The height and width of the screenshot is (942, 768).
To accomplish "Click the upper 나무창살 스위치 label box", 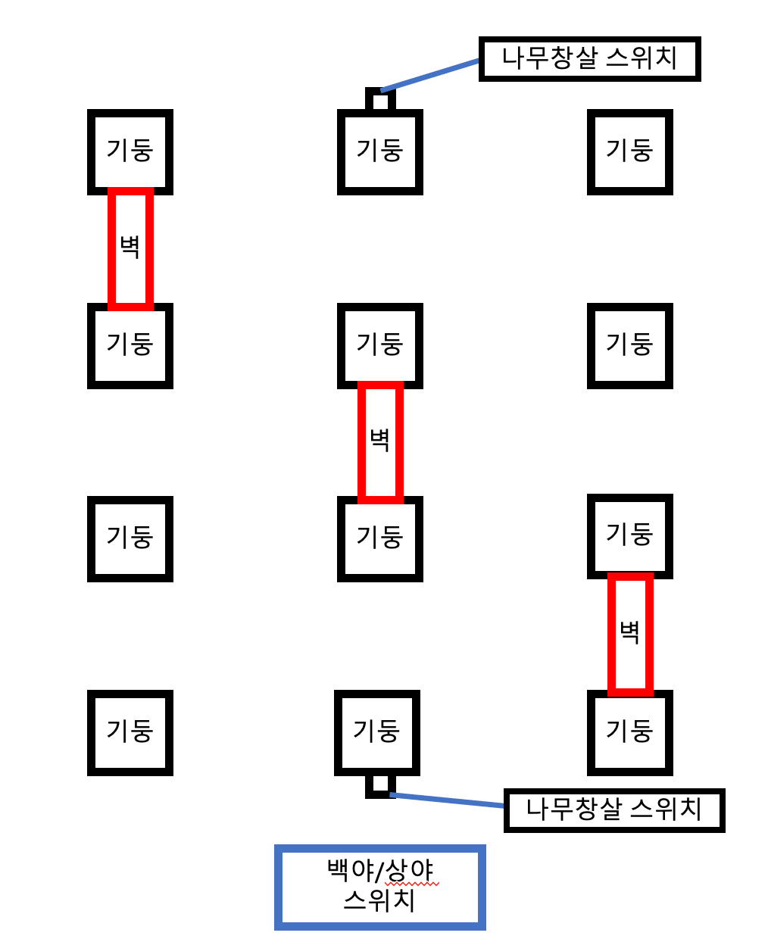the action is (x=589, y=59).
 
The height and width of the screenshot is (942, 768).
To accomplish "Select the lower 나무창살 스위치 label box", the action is (x=613, y=810).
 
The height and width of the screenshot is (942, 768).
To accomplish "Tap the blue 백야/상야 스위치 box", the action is (x=379, y=887).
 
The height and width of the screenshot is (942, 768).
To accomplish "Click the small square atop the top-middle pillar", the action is (x=380, y=100).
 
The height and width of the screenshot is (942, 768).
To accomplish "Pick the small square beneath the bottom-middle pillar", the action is (x=380, y=785).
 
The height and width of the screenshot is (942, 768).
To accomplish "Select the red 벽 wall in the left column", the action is (x=130, y=248).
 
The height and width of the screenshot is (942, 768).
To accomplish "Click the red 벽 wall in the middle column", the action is (x=380, y=442).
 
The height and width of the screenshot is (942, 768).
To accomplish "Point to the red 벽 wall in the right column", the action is (x=630, y=633).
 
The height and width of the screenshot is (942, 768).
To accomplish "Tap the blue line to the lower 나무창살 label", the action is (x=447, y=800).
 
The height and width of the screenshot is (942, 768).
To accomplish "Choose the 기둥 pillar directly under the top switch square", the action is (x=380, y=151).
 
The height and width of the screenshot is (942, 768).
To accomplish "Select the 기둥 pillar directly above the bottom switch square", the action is (x=377, y=732).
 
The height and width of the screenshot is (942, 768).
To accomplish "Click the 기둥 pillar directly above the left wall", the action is (x=130, y=151).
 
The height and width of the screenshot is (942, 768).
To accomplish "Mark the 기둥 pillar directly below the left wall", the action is (x=130, y=345).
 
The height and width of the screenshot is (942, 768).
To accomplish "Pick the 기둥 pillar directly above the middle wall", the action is (x=380, y=345).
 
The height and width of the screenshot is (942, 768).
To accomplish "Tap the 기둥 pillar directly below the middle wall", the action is (x=380, y=538).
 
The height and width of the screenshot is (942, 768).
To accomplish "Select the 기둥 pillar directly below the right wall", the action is (x=630, y=732).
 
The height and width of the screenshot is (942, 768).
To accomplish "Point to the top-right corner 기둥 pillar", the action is (x=630, y=151).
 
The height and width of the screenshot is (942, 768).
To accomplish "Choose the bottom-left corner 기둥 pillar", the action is (x=130, y=732).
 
